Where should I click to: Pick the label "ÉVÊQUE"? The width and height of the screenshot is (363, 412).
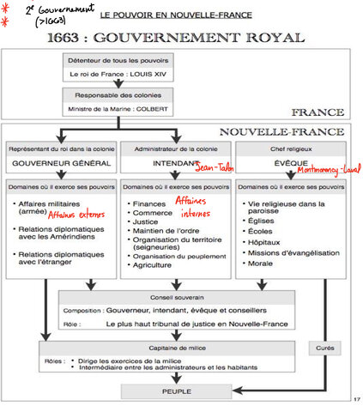tap(292, 163)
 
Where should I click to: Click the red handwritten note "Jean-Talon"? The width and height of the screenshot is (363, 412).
tap(215, 168)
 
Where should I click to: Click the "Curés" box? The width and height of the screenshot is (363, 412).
tap(324, 347)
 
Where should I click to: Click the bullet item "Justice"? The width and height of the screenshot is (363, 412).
tap(145, 221)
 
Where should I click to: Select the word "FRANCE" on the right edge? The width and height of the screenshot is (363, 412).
tap(318, 112)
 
